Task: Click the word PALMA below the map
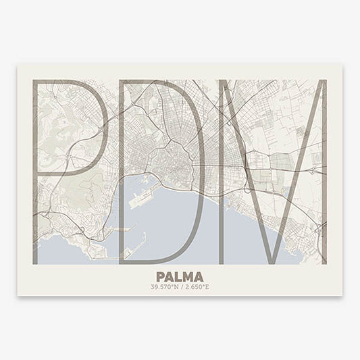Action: coord(180,276)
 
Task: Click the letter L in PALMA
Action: coord(178,276)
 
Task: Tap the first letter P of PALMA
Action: coord(160,276)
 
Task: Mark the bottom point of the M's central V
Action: coord(270,260)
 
